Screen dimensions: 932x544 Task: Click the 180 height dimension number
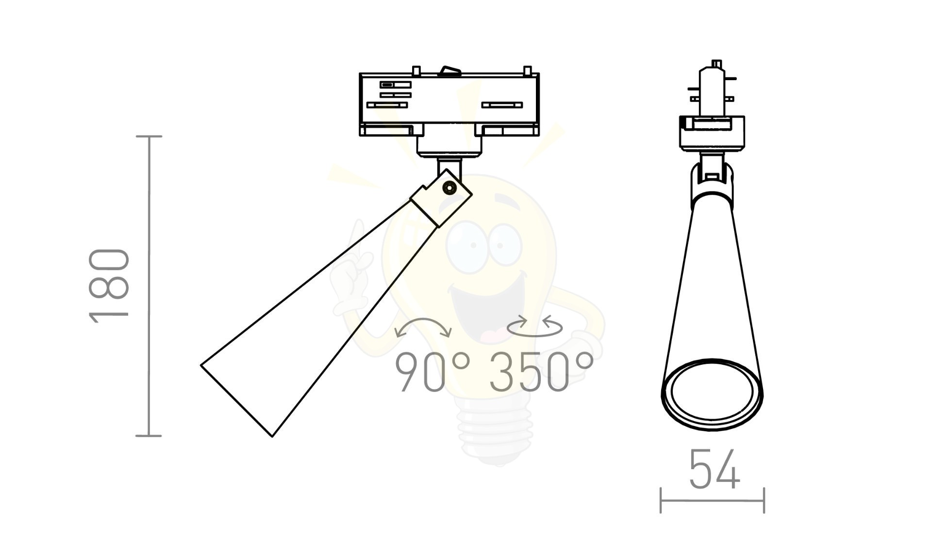coord(110,286)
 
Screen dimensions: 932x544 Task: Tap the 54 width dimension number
coord(714,469)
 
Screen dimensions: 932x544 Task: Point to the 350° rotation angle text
coord(541,372)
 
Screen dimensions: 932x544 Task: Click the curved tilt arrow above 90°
coord(424,320)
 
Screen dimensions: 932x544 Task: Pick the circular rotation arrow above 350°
coord(534,326)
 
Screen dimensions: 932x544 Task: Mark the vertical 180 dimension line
coord(149,286)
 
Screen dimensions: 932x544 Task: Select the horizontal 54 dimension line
coord(712,500)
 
